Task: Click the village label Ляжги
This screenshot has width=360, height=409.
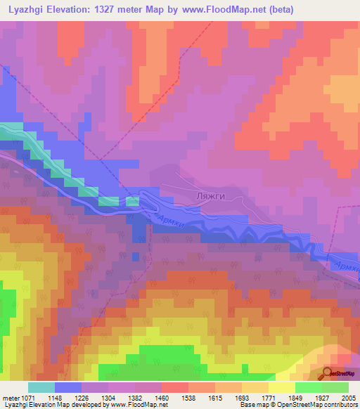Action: coord(210,196)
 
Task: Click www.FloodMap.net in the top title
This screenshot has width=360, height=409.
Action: coord(220,9)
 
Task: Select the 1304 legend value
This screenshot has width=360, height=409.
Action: coord(109,398)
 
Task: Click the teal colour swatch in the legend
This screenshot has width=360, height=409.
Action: coord(41,387)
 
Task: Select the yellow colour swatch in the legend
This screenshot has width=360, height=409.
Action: coord(281,387)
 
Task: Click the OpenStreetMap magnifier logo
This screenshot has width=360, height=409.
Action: coord(328,375)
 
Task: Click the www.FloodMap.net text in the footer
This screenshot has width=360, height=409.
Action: coord(134,405)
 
